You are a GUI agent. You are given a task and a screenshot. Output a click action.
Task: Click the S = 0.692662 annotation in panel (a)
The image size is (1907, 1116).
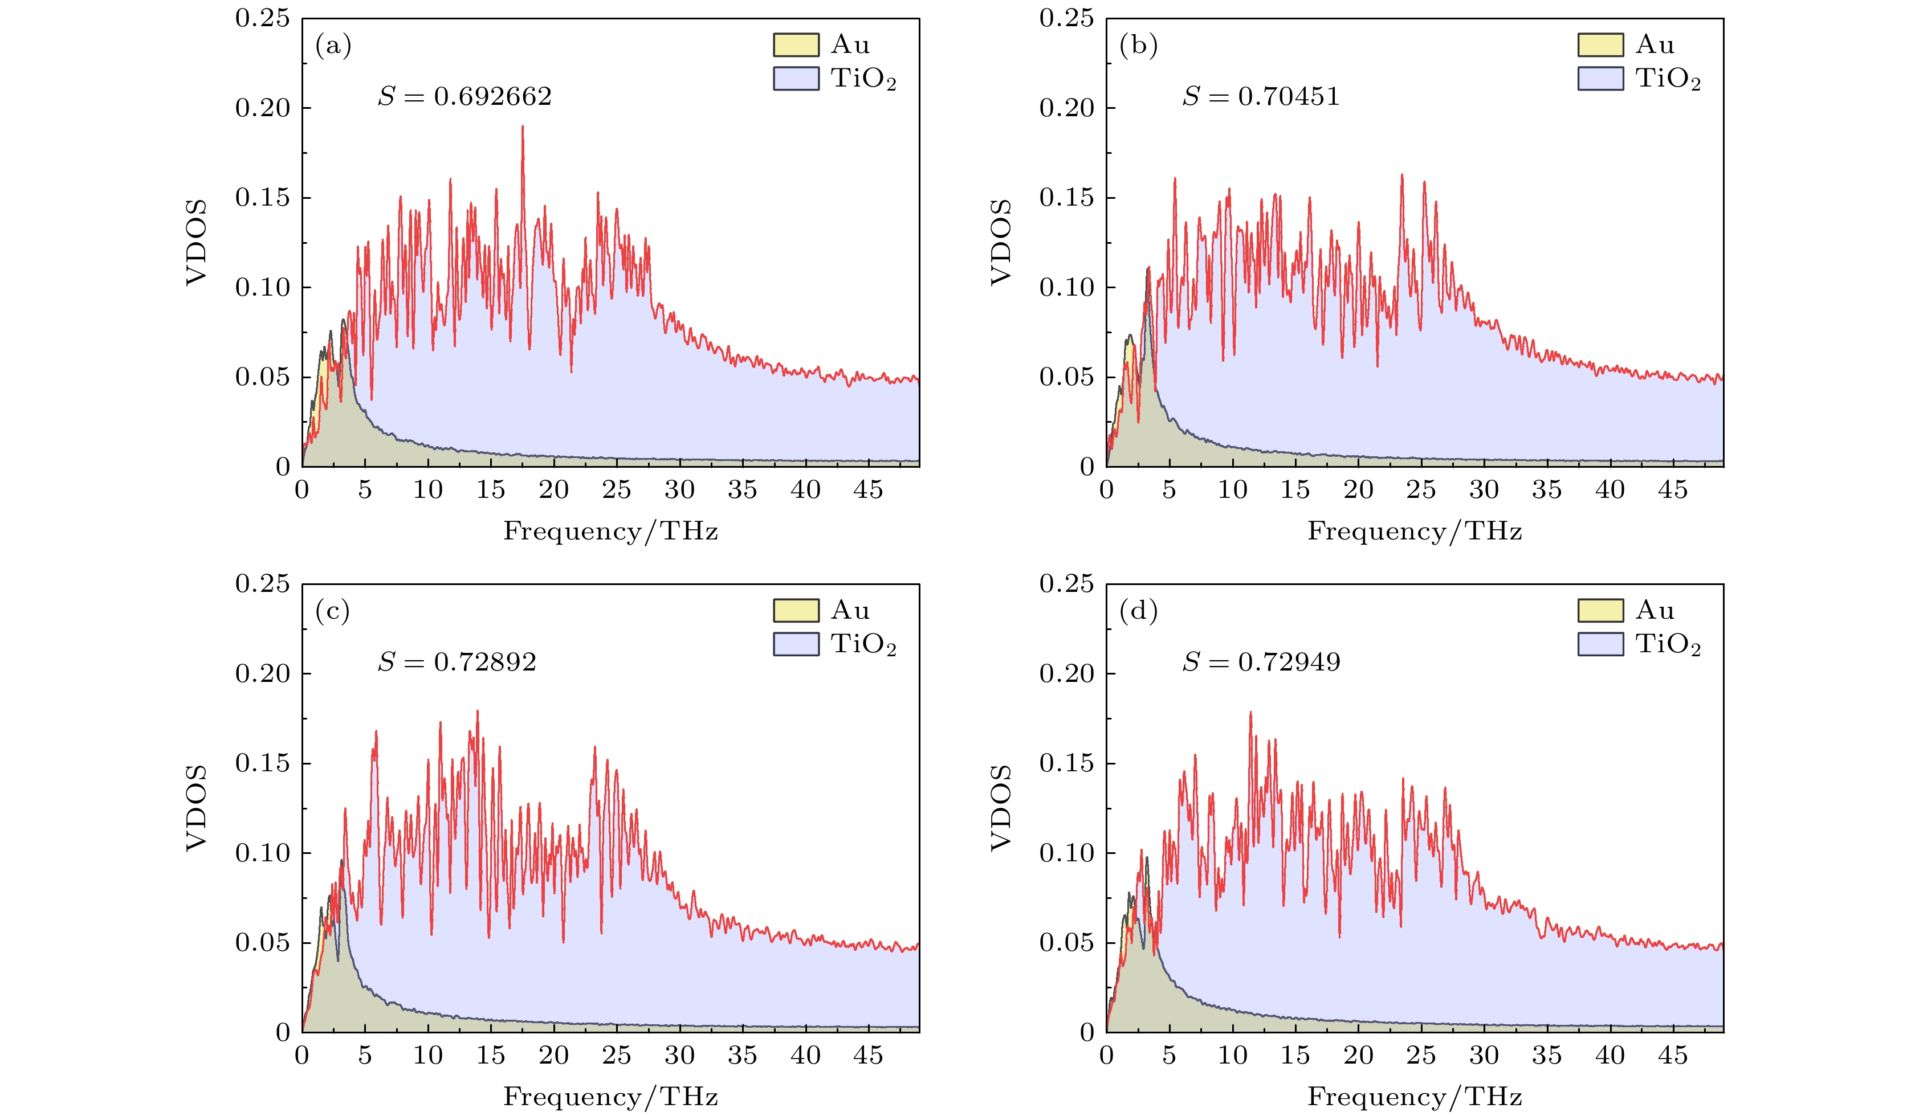(464, 97)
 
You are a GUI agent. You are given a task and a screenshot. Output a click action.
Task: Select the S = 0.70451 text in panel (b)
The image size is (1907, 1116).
(1261, 97)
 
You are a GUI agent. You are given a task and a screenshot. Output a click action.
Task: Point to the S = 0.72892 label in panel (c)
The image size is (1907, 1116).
(457, 663)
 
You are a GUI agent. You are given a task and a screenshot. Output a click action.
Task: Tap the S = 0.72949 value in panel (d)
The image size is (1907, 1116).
(1261, 663)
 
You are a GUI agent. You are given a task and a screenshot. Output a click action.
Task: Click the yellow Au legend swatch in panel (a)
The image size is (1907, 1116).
(795, 44)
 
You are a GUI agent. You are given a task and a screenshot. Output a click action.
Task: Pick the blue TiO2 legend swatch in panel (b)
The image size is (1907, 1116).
(1600, 79)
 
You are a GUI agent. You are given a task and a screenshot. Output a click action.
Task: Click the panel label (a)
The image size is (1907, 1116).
(333, 46)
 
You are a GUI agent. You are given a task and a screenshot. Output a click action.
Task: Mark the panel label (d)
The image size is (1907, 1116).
(1138, 611)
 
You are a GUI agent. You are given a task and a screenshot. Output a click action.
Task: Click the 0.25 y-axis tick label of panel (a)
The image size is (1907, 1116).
(262, 18)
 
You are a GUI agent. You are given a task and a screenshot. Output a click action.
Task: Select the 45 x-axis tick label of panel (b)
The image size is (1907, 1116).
(1672, 490)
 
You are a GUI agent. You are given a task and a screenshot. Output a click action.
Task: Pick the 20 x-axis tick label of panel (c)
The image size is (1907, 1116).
(553, 1056)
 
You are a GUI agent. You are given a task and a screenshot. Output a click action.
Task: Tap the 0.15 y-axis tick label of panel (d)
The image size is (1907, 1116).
(1066, 763)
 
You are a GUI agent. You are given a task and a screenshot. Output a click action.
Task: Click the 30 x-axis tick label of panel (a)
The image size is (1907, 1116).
(679, 490)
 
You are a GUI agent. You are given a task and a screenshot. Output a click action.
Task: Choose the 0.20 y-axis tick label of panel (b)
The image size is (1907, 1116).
(1066, 108)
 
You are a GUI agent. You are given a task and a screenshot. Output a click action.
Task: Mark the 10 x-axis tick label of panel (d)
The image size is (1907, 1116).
(1232, 1056)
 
